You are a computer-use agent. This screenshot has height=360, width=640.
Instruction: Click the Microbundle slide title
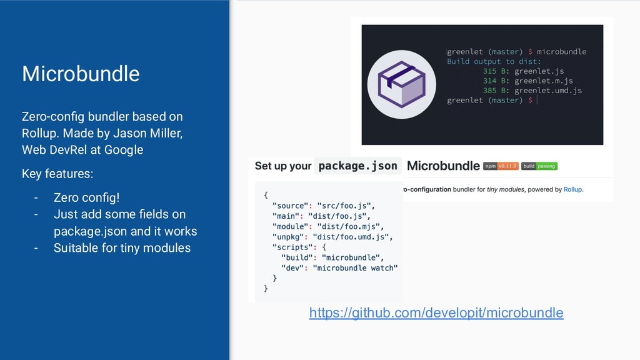tap(81, 74)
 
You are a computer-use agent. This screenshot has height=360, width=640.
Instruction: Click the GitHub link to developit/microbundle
tap(436, 312)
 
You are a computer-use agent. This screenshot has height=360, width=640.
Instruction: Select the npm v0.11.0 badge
tap(499, 166)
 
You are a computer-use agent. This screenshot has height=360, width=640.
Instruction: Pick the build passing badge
tap(539, 166)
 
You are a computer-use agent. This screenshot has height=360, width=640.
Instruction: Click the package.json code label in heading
tap(357, 166)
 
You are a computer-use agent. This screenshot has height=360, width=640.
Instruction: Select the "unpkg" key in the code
tap(288, 236)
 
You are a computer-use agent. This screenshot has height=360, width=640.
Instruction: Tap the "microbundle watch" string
tap(356, 268)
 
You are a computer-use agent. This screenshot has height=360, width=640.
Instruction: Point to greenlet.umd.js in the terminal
tap(548, 91)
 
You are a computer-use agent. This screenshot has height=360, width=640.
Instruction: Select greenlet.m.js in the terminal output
tap(544, 81)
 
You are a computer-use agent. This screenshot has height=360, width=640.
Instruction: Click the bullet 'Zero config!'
tap(86, 198)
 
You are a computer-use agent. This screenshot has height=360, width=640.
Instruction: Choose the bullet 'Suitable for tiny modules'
tap(122, 248)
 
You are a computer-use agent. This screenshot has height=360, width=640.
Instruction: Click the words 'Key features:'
tap(57, 173)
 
